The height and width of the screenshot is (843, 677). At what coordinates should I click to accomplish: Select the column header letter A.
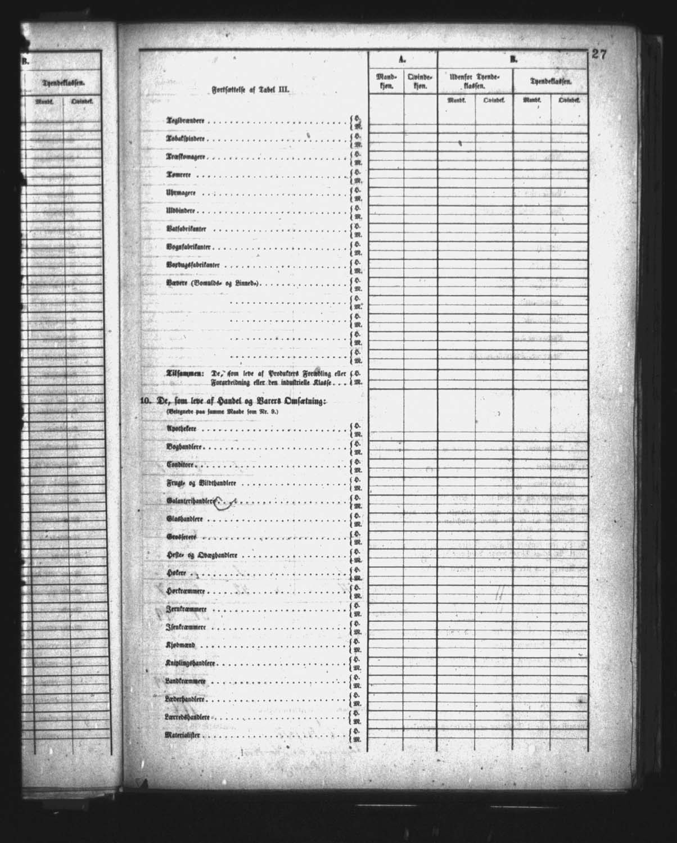pyautogui.click(x=401, y=58)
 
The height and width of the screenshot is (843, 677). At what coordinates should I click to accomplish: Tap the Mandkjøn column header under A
pyautogui.click(x=386, y=81)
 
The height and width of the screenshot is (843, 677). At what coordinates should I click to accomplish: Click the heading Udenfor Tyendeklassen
pyautogui.click(x=475, y=81)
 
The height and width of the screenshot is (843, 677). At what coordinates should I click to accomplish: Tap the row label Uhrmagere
pyautogui.click(x=180, y=193)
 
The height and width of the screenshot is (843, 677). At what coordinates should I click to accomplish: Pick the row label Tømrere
pyautogui.click(x=178, y=175)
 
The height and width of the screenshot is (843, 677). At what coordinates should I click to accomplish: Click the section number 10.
pyautogui.click(x=145, y=401)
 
